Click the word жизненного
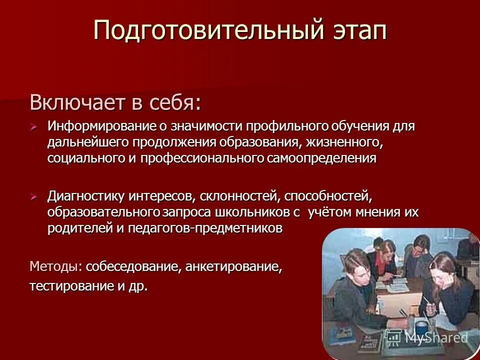tap(344, 142)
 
